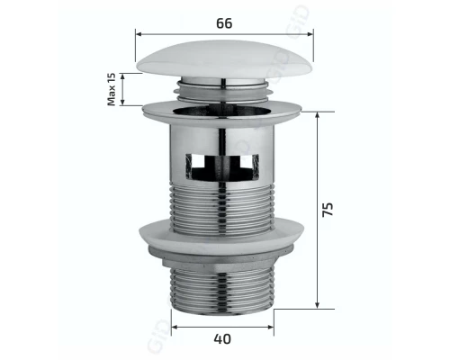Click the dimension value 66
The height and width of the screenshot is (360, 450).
tap(224, 22)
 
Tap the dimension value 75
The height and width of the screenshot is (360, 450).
tap(328, 208)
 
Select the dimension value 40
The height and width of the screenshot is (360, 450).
tap(222, 339)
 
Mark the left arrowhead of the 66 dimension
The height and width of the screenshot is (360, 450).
tap(139, 34)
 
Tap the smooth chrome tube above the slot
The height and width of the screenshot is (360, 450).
tap(222, 135)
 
